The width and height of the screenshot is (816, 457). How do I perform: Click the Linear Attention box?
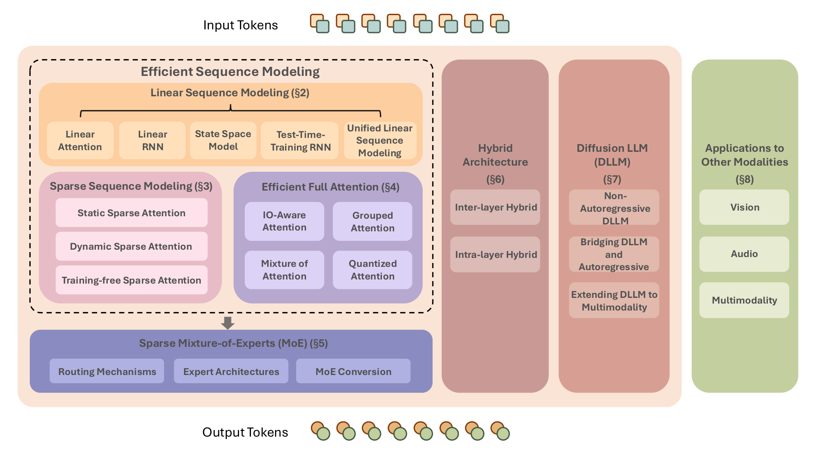80,140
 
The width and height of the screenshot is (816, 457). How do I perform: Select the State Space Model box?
223,140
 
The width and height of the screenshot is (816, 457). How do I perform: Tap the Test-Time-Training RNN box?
300,141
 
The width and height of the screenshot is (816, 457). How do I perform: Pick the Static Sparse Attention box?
131,213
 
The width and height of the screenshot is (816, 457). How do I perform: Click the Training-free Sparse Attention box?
131,280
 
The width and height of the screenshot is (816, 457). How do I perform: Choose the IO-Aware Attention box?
284,221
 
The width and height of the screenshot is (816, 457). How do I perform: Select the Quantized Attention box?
373,270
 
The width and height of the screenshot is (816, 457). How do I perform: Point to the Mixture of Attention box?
284,270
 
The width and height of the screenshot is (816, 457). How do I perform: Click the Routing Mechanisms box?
107,371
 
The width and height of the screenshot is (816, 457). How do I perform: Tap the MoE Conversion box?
353,371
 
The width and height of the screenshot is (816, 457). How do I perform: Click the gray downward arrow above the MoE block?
228,323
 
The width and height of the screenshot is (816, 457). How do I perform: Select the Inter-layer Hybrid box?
495,207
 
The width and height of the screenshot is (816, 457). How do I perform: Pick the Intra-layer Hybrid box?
495,255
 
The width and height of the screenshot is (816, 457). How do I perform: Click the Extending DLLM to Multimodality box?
614,300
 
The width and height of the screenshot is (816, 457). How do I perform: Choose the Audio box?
744,254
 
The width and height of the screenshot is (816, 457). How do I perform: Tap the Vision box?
744,207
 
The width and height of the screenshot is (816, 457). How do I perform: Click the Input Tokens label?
240,25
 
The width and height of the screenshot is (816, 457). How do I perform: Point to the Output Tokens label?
245,432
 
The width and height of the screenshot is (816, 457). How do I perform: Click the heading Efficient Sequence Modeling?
230,71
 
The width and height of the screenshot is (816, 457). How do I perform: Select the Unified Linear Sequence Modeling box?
380,140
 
